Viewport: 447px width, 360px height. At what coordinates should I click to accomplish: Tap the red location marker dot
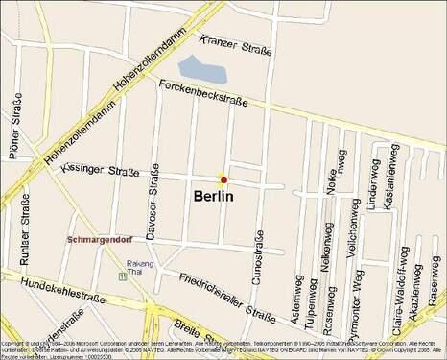223,180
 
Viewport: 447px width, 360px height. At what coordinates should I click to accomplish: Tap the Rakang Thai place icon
123,275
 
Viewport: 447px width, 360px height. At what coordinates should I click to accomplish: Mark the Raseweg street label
435,284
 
